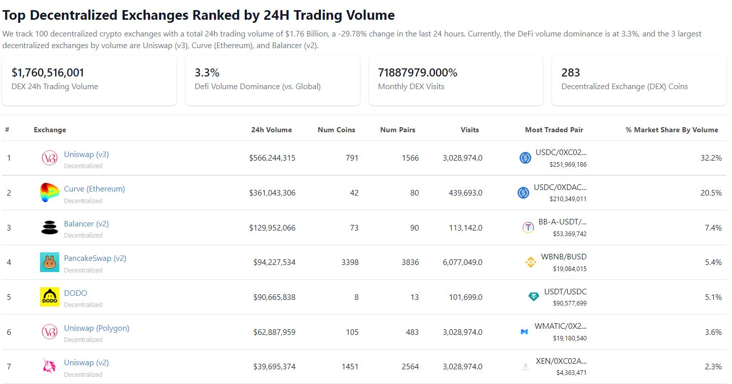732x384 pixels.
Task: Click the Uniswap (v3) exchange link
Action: pos(86,155)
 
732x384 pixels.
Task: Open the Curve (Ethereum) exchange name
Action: pos(94,189)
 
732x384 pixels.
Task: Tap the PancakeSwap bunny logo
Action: pos(50,262)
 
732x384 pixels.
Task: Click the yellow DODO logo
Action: pos(50,297)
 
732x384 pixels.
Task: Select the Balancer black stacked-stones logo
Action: pos(50,227)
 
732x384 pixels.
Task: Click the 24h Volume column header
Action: pos(272,130)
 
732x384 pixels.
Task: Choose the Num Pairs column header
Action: pos(398,130)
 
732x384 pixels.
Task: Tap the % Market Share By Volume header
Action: pos(672,130)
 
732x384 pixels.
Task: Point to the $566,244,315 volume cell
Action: pos(272,158)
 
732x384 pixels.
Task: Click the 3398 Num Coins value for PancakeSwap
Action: pos(350,262)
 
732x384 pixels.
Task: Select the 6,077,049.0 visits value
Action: pos(462,262)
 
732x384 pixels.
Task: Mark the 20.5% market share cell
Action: pos(711,193)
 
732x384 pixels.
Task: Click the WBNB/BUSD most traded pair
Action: pos(564,257)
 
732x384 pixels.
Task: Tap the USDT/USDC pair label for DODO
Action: pos(565,292)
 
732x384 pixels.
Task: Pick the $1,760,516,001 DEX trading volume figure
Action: pos(48,72)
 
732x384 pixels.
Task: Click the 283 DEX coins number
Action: pos(571,72)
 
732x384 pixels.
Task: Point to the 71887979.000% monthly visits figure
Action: pos(418,72)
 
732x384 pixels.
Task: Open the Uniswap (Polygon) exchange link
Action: pos(97,328)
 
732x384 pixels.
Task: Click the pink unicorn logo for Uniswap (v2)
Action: pos(49,366)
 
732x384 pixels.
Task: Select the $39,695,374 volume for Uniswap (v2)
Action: pos(274,367)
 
